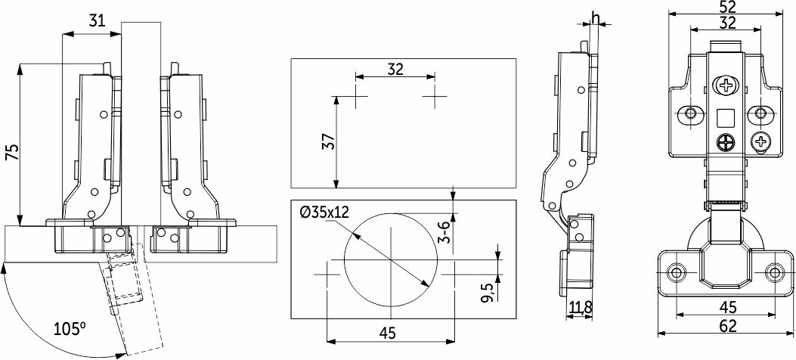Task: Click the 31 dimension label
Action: tap(97, 21)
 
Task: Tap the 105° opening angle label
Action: tap(70, 330)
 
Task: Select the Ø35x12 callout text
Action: tap(325, 212)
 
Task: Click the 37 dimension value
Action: tap(329, 141)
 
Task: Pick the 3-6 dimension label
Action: tap(443, 232)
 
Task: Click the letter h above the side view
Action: tap(596, 17)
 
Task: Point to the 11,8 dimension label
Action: tap(580, 307)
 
